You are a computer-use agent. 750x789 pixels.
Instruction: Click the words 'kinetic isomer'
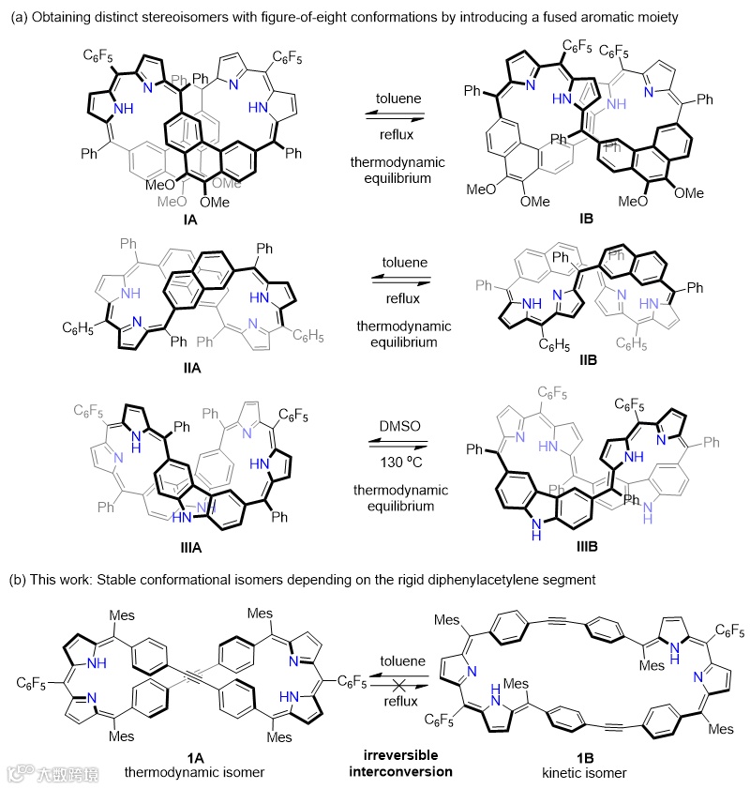(x=578, y=772)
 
